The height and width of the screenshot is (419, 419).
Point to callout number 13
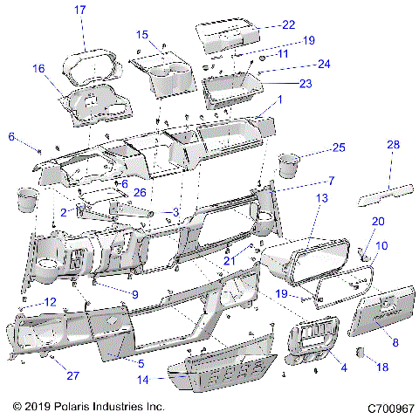coord(321,199)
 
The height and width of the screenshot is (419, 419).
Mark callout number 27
coord(72,377)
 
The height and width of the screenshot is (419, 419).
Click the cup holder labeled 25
coord(287,165)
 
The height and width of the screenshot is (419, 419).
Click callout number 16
coord(38,68)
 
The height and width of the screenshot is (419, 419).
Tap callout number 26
coord(139,192)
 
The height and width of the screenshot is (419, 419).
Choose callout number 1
coord(279,100)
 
